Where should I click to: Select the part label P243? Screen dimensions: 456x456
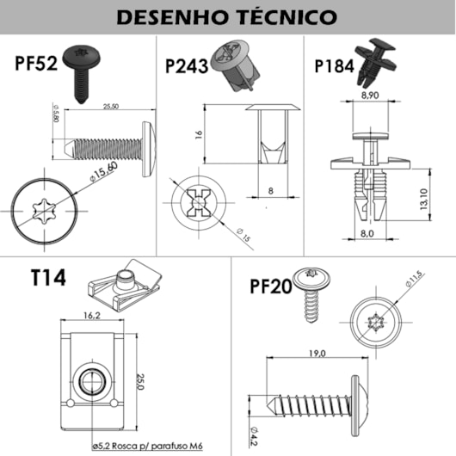coord(187,66)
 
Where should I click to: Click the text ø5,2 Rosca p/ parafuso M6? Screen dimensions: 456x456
coord(147,446)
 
